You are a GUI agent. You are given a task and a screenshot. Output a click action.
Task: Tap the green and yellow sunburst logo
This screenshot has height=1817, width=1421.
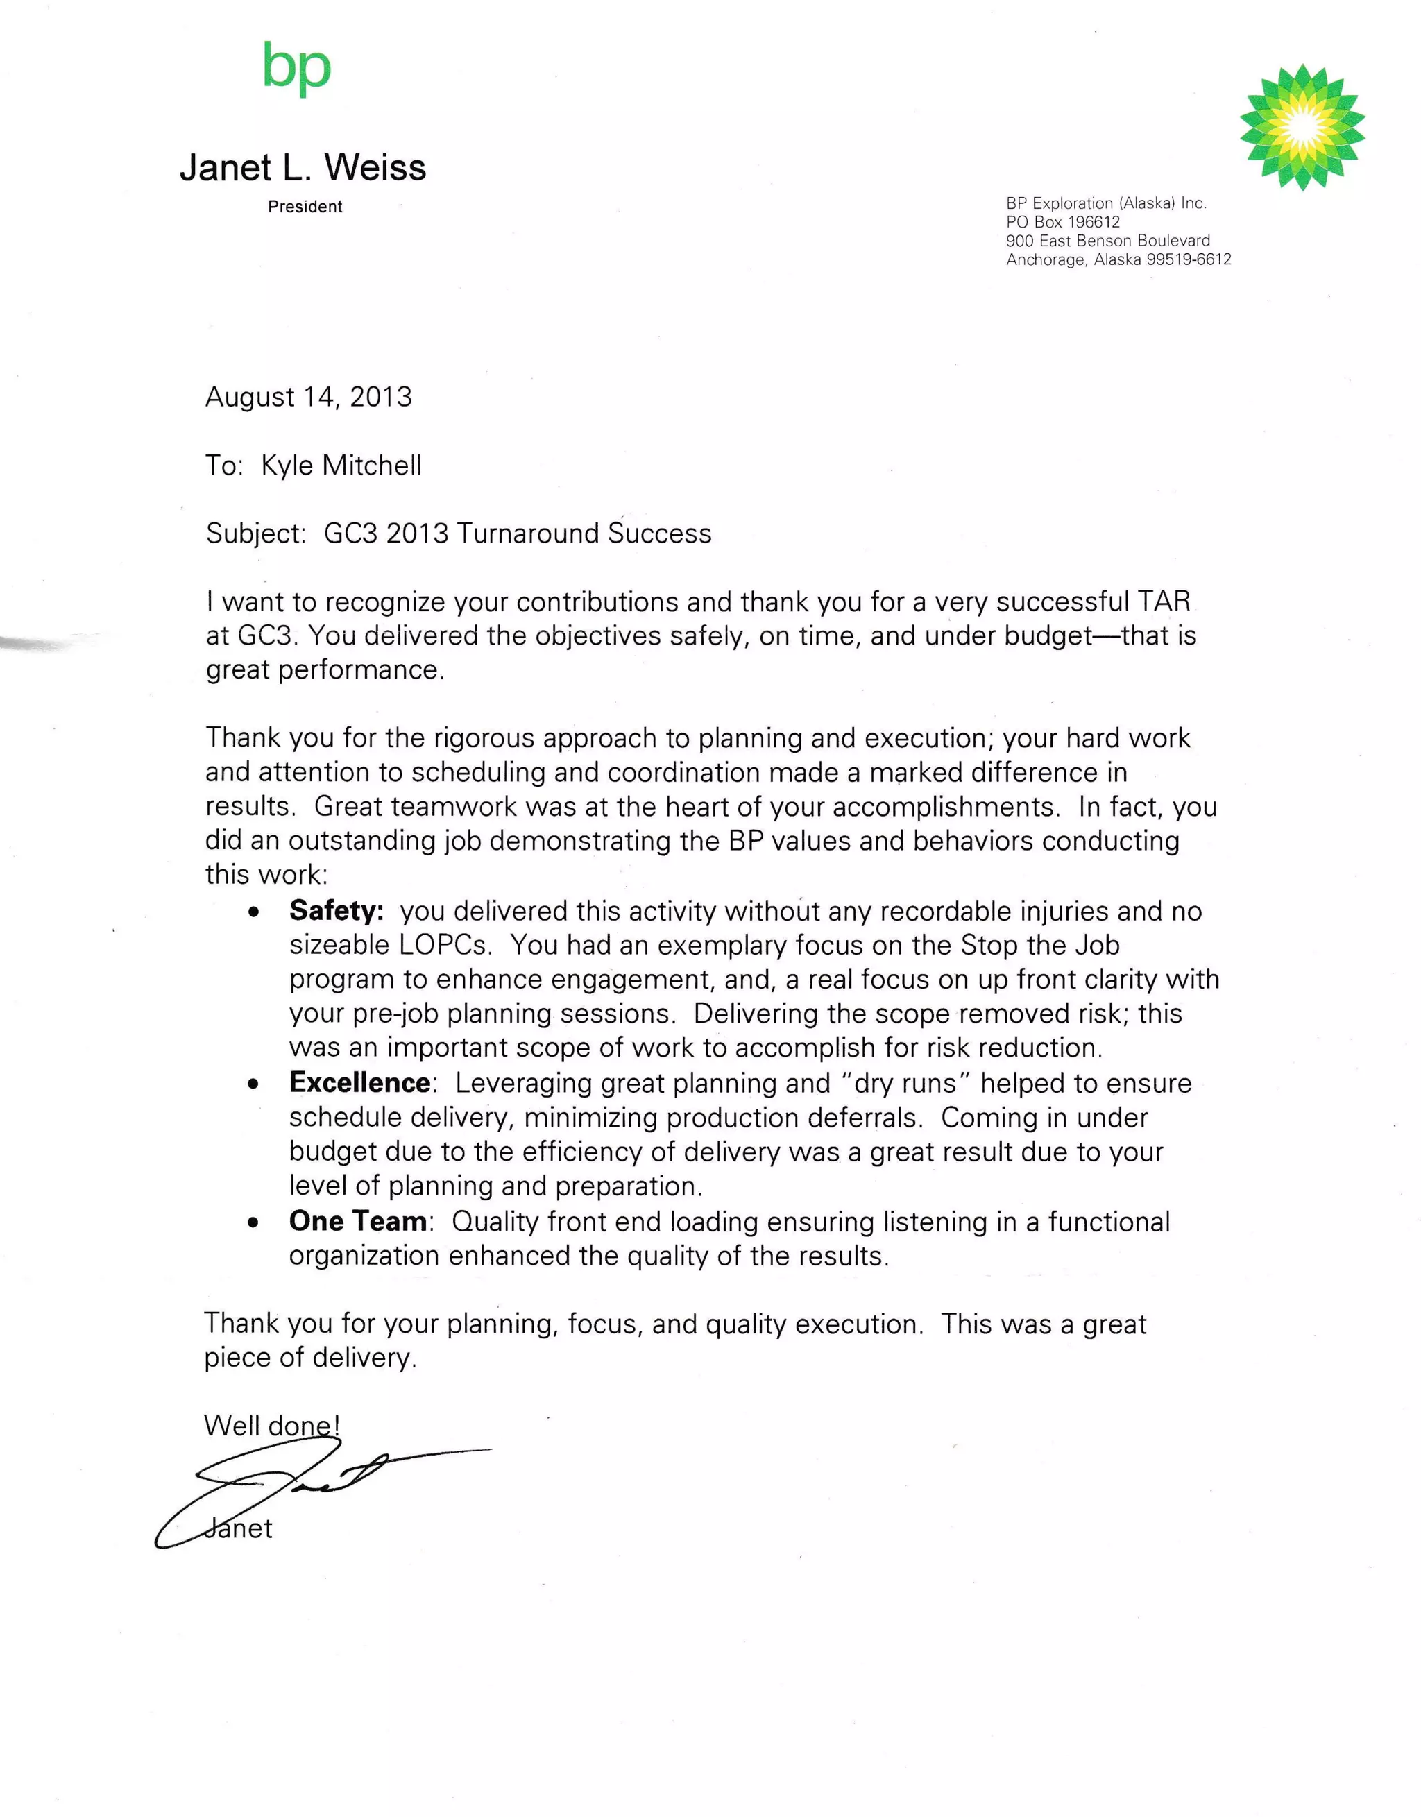(x=1302, y=126)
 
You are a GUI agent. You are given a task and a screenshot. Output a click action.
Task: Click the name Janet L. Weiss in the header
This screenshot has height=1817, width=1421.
(x=303, y=167)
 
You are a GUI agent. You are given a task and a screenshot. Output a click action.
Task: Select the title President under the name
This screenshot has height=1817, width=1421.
(x=305, y=206)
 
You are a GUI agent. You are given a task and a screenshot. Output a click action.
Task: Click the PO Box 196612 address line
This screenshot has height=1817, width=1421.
(x=1062, y=222)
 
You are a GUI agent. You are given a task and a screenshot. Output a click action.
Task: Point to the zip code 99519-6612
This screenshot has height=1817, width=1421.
(x=1188, y=259)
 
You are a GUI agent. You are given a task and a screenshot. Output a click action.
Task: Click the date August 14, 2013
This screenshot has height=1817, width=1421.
(x=309, y=397)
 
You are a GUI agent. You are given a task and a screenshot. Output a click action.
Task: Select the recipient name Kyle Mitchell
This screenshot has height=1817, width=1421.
(x=341, y=465)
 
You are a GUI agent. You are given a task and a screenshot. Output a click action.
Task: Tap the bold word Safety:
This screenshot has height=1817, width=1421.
(x=336, y=910)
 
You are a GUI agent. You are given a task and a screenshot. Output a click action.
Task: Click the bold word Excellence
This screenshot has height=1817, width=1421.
(x=359, y=1082)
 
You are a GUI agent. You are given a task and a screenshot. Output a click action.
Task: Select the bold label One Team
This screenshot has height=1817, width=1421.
(x=358, y=1220)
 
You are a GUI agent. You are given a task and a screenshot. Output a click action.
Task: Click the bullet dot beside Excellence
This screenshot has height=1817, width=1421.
(x=254, y=1084)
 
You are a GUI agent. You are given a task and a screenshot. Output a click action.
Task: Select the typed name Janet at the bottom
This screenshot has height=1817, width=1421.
(x=239, y=1528)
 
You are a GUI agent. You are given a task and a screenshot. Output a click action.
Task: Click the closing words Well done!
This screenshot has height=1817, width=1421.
(x=271, y=1425)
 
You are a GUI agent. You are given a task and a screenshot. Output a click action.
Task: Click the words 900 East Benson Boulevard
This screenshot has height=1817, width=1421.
(x=1107, y=241)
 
